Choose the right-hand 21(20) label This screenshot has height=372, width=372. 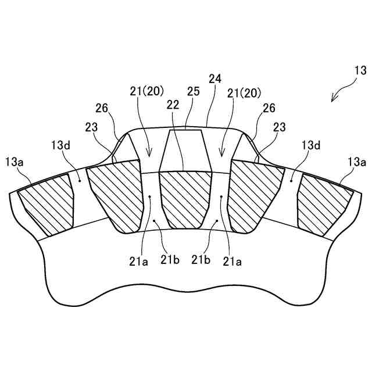(244, 92)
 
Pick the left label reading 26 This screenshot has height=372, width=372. (102, 108)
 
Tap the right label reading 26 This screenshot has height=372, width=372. (269, 108)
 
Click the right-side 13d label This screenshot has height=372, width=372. (310, 144)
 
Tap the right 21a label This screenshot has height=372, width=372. (232, 262)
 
